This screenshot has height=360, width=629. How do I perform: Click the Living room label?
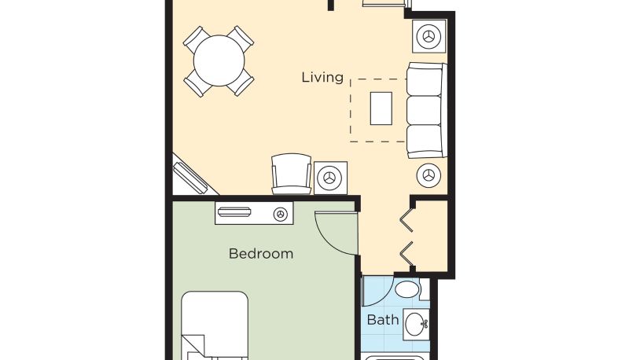(322, 77)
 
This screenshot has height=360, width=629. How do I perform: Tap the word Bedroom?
(261, 253)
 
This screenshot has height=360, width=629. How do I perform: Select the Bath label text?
(383, 320)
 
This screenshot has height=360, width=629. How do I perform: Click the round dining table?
(219, 61)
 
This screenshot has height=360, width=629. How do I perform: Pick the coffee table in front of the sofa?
(381, 108)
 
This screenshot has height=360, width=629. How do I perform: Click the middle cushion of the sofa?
(425, 110)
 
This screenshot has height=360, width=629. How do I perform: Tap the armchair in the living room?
(291, 174)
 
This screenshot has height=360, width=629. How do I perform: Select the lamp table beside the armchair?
(330, 178)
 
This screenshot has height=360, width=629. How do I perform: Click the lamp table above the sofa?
(429, 36)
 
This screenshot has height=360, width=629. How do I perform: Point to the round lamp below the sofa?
(429, 175)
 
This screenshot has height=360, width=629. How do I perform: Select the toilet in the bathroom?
(410, 289)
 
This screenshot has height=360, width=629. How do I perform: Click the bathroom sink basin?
(417, 324)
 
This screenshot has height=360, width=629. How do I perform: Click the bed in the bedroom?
(215, 325)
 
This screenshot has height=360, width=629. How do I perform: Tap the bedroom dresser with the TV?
(254, 213)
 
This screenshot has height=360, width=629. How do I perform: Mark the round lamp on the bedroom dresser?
(281, 215)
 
